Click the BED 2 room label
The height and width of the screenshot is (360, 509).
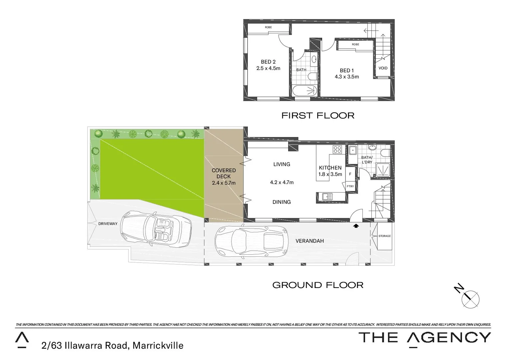point(268,62)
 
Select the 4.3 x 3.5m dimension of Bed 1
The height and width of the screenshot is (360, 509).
point(347,77)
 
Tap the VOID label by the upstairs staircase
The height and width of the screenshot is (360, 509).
point(383,68)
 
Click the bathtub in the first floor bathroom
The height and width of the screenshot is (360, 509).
point(305,91)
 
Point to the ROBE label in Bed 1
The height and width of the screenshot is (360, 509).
point(355,44)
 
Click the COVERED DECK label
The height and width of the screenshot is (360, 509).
point(224,173)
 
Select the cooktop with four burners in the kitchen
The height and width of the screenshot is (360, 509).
point(337,150)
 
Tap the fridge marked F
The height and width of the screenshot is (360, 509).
point(350,174)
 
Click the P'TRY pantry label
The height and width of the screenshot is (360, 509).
point(350,186)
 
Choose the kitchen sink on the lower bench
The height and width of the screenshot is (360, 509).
point(327,197)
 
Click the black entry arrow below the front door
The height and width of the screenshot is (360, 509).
point(356,226)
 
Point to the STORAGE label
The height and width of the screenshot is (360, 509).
point(384,236)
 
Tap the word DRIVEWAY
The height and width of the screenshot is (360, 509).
point(108,224)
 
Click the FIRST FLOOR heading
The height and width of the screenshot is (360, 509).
point(318,116)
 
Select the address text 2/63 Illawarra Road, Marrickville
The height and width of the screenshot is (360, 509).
point(113,345)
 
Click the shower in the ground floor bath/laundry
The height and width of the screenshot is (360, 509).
point(383,169)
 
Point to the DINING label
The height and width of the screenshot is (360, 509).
point(281,202)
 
